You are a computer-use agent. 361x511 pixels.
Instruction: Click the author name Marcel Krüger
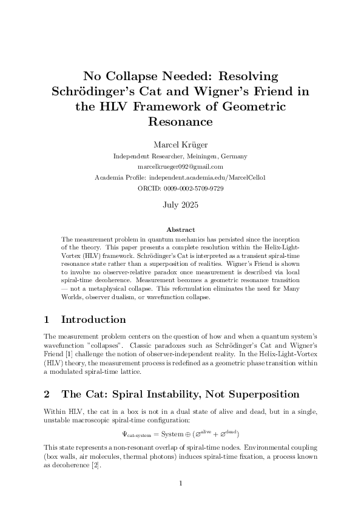180,145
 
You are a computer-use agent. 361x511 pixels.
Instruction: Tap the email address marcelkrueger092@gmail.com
180,166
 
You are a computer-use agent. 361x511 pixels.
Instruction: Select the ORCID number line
180,188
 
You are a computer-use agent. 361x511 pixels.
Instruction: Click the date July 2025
180,205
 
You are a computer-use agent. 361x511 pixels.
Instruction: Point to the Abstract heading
180,230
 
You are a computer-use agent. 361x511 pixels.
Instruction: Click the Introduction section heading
93,320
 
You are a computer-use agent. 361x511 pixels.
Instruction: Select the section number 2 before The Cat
47,394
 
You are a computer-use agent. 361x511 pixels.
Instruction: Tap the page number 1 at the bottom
180,484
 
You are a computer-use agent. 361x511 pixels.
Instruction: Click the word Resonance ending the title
180,122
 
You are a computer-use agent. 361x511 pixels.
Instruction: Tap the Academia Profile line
180,177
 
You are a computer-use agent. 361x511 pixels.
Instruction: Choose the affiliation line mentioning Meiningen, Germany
180,156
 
